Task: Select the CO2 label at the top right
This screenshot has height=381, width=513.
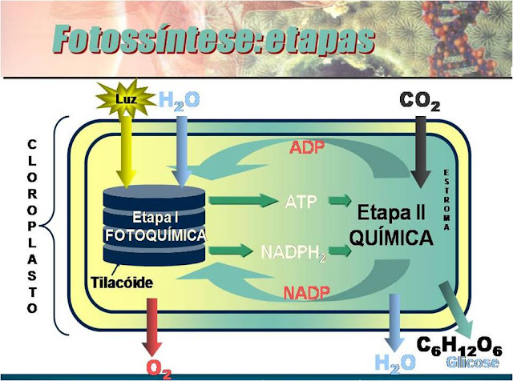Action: (x=419, y=101)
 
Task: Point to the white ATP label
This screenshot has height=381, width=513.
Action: (x=301, y=201)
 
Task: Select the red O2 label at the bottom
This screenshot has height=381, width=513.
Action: (x=158, y=368)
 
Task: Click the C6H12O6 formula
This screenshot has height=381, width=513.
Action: (x=459, y=346)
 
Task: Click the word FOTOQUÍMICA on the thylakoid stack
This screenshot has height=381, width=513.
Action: (x=156, y=235)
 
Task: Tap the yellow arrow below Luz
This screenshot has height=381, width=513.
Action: (x=123, y=152)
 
